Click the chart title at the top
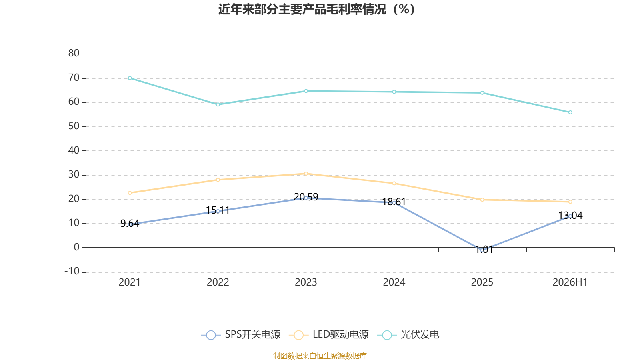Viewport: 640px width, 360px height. (316, 10)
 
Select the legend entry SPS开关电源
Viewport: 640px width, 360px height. (240, 334)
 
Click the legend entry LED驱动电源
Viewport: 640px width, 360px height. (329, 334)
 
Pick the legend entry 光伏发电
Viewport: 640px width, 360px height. (408, 334)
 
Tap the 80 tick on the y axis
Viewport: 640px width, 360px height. (74, 53)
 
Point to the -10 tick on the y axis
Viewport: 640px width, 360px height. (72, 271)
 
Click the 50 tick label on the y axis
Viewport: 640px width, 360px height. (74, 126)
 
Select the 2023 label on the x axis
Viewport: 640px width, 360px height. (306, 282)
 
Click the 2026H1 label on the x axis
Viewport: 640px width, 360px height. (570, 282)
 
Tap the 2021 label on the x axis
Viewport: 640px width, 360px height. (130, 282)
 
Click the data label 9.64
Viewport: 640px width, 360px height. (130, 223)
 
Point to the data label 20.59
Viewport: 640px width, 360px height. (306, 197)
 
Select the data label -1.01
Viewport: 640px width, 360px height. (482, 250)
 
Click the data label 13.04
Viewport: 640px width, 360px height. (570, 215)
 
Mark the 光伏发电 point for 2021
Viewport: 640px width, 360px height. (130, 78)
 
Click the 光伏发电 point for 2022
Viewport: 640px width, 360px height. (218, 104)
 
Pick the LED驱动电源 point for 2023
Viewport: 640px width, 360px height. (306, 174)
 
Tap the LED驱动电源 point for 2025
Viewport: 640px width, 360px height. (482, 200)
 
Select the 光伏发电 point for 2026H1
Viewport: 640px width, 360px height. (570, 112)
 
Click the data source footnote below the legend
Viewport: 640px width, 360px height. (320, 356)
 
